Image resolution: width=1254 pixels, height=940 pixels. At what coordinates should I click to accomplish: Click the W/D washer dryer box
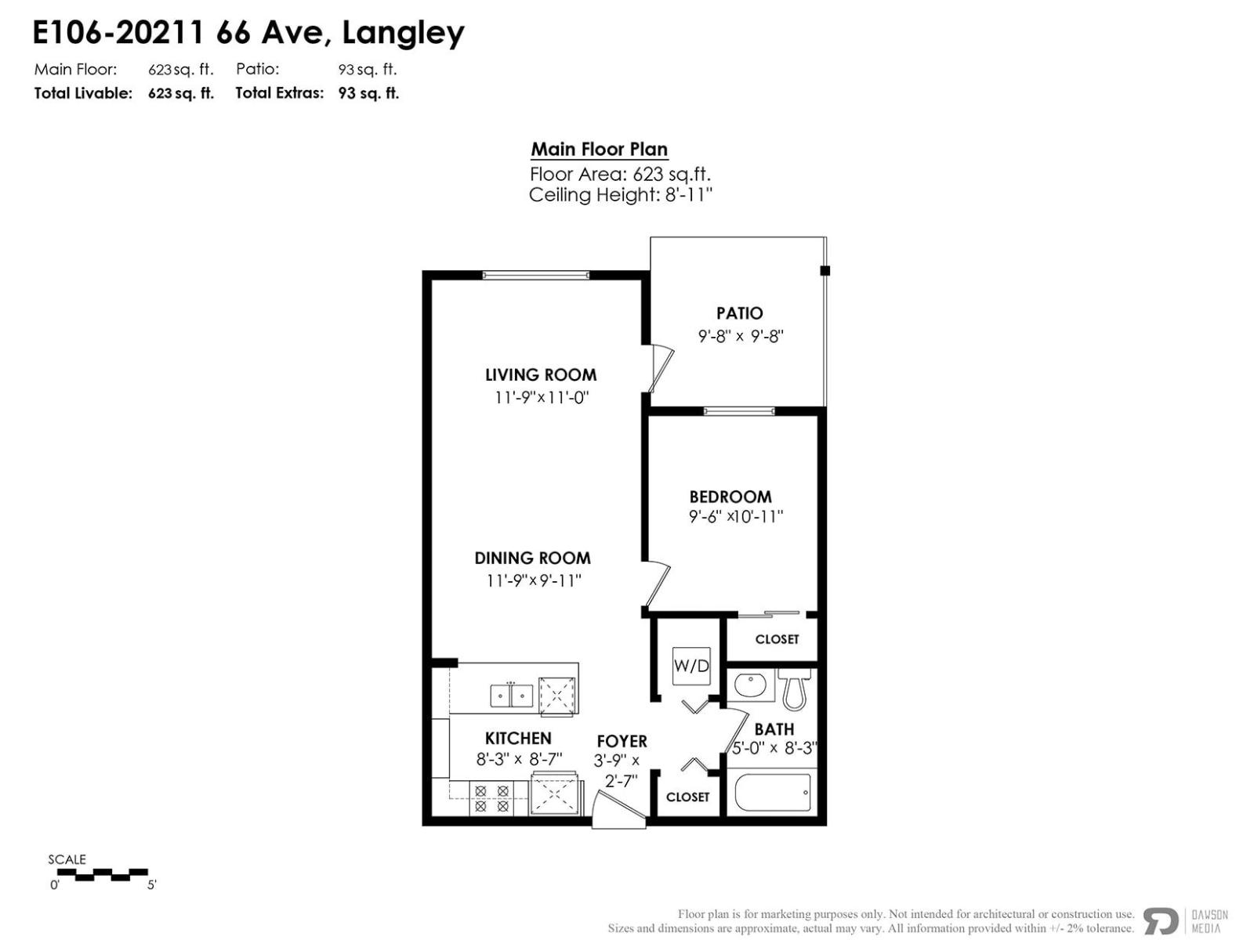coord(691,666)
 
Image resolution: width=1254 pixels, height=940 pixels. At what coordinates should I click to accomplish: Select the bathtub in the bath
coord(773,794)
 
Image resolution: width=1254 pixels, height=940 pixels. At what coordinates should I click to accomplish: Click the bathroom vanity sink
coord(750,686)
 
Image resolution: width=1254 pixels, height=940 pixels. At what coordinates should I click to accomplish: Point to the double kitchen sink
coord(512,695)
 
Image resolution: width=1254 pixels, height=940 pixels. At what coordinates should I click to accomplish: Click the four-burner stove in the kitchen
coord(491,798)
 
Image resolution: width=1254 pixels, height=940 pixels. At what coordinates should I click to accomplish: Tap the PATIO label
coord(739,313)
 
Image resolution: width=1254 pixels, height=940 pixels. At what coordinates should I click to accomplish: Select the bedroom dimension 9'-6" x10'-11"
coord(736,517)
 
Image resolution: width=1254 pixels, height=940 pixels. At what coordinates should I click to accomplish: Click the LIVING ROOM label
coord(541,374)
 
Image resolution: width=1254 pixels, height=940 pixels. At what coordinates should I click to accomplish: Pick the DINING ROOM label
coord(532,558)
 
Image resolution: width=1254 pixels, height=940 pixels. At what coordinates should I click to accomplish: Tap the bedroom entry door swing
coord(657,584)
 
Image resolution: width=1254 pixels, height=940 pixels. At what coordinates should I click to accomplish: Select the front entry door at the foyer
coord(618,812)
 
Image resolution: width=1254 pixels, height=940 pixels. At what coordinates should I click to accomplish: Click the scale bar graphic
coord(103,874)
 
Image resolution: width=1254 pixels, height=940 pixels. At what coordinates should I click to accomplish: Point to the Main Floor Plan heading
coord(599,150)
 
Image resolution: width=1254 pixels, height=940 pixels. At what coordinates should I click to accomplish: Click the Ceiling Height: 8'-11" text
coord(620,195)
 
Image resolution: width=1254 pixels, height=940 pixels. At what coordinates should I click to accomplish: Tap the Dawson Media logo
coord(1184,921)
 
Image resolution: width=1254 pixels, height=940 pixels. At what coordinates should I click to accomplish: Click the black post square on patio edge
coord(825,271)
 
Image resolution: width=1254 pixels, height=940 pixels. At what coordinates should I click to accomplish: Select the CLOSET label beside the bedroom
coord(777,639)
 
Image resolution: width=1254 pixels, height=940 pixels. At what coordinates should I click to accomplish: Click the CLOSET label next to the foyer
coord(687,797)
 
